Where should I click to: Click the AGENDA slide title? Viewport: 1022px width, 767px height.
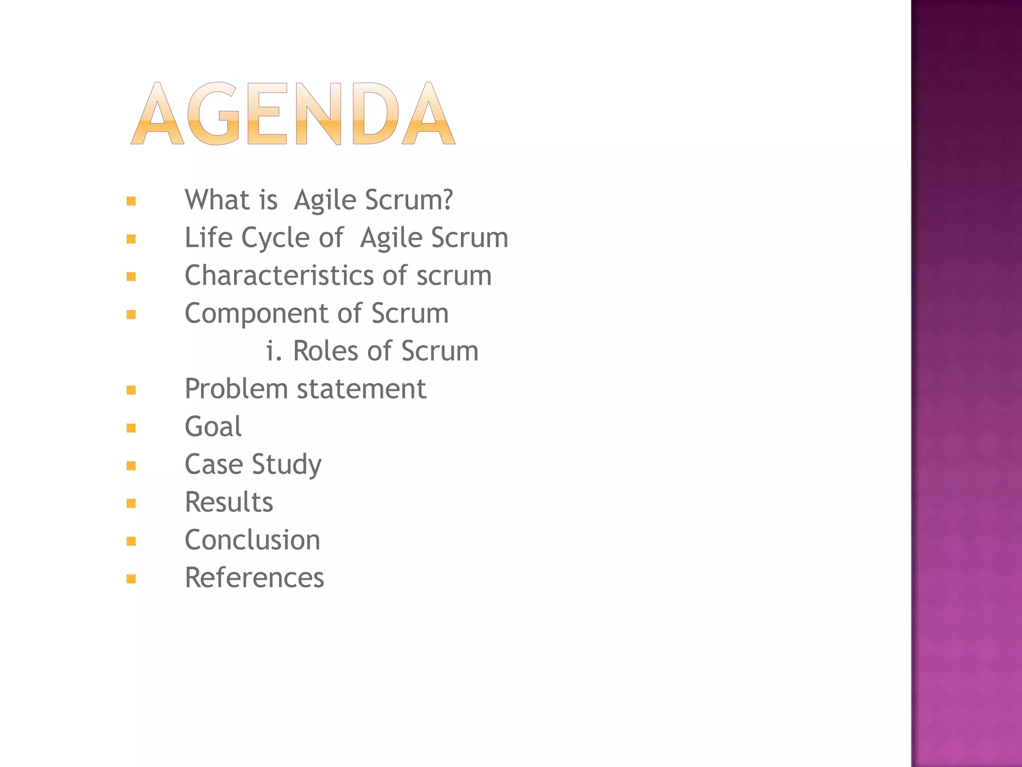pos(293,113)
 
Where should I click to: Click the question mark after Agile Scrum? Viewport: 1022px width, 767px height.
pos(447,200)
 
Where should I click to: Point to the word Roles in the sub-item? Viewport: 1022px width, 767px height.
pos(325,351)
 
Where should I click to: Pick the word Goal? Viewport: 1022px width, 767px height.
pos(213,427)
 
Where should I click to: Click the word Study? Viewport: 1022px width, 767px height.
pos(287,465)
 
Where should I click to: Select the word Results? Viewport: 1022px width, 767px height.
pos(229,502)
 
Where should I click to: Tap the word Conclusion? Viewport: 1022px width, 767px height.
pos(253,540)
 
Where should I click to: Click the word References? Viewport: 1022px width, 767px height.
pos(255,578)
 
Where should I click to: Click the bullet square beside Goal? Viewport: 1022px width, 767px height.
pos(131,428)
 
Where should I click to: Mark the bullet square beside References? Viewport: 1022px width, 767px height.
pos(131,579)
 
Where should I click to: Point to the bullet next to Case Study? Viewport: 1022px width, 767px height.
pos(131,466)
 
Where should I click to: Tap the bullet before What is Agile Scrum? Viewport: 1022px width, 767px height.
pos(131,201)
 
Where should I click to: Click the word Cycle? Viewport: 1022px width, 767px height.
pos(274,238)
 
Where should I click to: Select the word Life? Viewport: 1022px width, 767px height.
pos(205,237)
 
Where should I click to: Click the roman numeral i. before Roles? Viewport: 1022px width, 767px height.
pos(273,351)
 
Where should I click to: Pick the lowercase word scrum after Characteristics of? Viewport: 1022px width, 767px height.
pos(454,275)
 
